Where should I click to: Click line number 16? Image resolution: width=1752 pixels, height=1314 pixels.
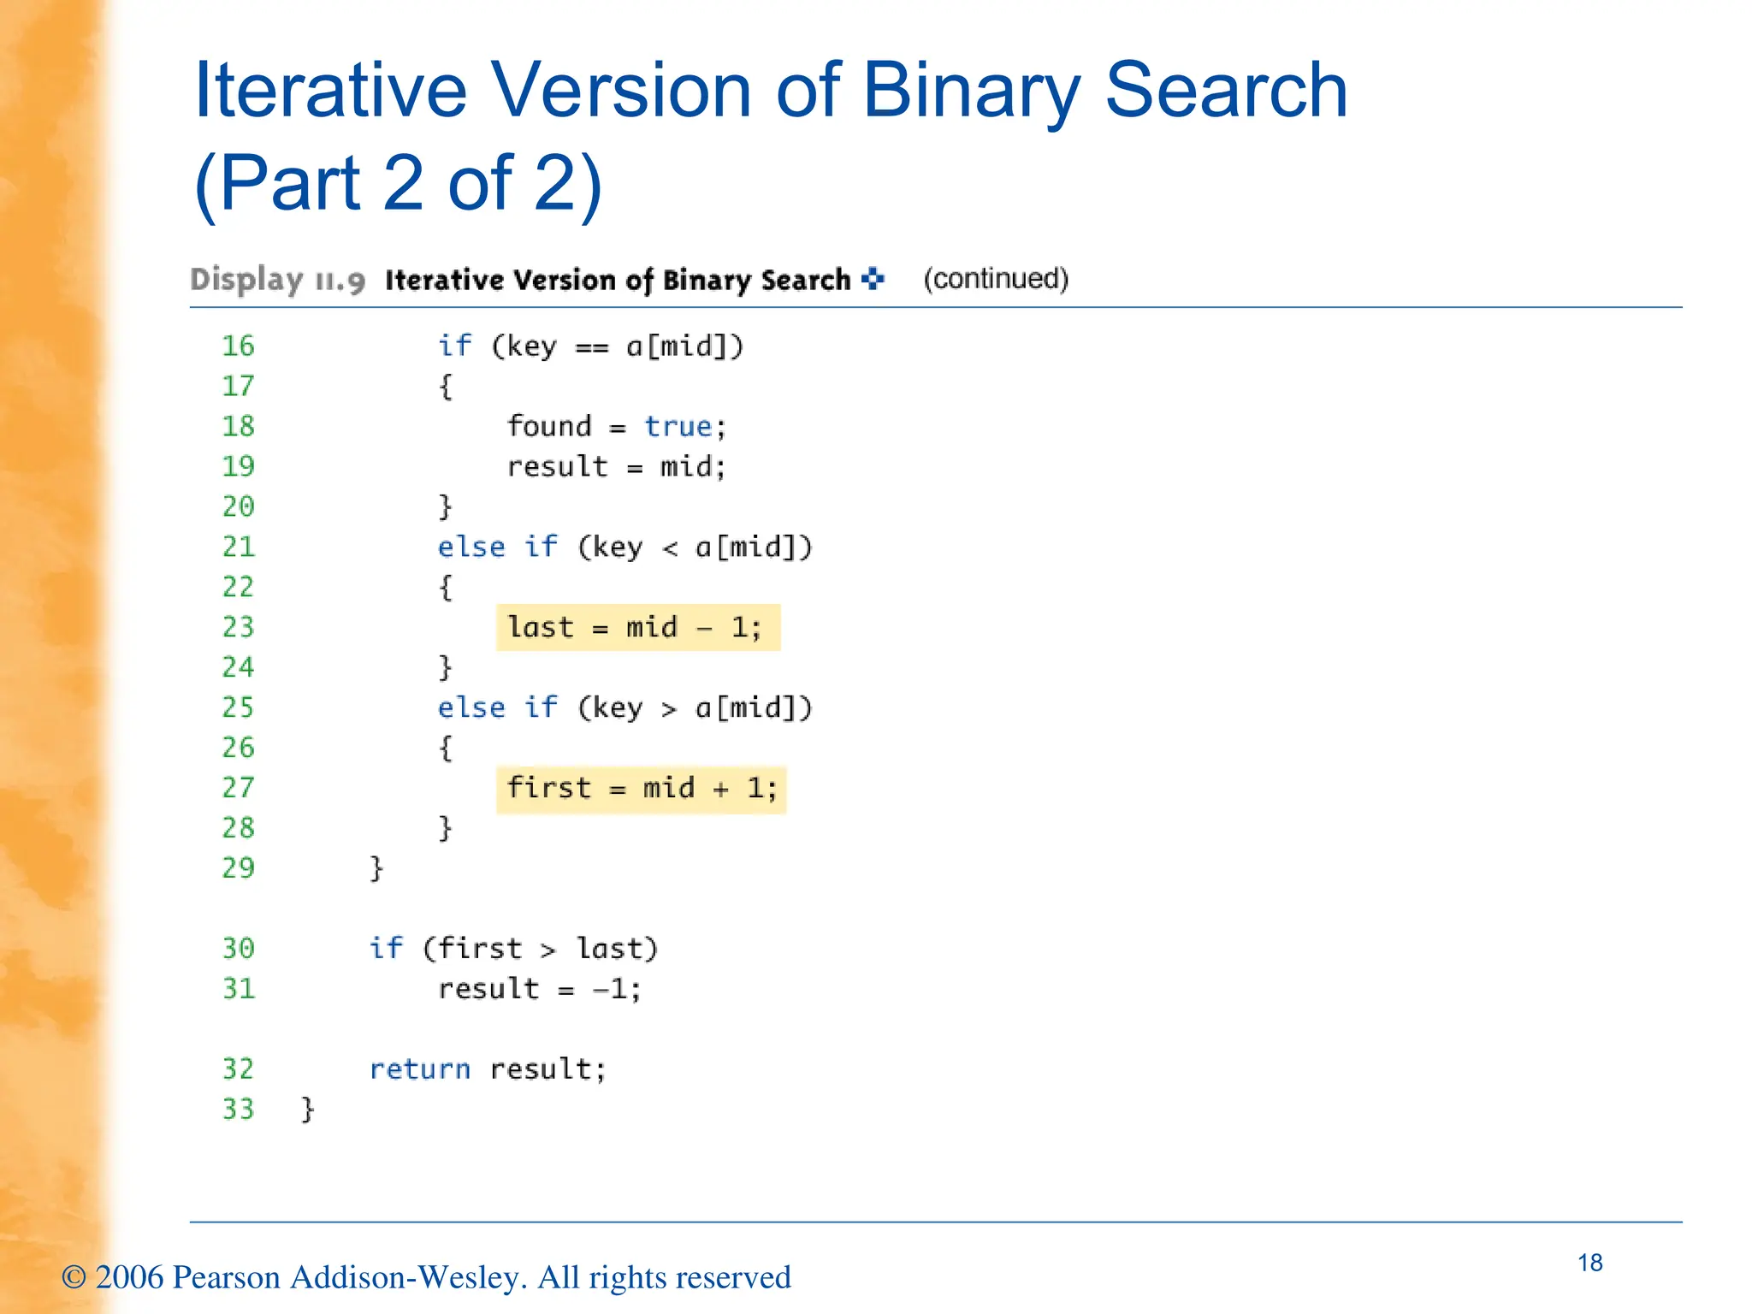pyautogui.click(x=238, y=346)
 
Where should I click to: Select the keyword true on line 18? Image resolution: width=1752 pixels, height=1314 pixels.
pyautogui.click(x=678, y=426)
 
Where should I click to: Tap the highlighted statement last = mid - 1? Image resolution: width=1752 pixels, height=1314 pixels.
pyautogui.click(x=637, y=628)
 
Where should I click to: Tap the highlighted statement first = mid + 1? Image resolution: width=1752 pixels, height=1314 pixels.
pyautogui.click(x=641, y=789)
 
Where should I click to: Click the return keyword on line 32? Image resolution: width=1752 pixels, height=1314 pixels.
pyautogui.click(x=419, y=1069)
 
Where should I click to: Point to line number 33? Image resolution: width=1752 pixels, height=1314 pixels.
pyautogui.click(x=238, y=1110)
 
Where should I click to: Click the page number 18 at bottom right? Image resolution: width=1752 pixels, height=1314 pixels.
pyautogui.click(x=1589, y=1263)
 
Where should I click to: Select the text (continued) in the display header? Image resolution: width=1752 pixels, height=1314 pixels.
pyautogui.click(x=996, y=279)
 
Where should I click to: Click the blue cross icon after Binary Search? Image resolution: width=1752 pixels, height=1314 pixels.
pyautogui.click(x=873, y=279)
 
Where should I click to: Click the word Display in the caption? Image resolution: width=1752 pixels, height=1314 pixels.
pyautogui.click(x=246, y=280)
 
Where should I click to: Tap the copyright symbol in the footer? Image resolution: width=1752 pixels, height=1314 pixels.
pyautogui.click(x=74, y=1277)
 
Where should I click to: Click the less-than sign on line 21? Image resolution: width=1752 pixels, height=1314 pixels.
pyautogui.click(x=670, y=548)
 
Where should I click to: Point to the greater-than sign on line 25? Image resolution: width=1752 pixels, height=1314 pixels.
pyautogui.click(x=669, y=709)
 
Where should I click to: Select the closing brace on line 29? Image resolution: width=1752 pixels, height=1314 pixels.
pyautogui.click(x=376, y=868)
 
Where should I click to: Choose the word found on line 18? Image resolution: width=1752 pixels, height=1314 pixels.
pyautogui.click(x=548, y=426)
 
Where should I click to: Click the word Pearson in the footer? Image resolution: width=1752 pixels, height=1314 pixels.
pyautogui.click(x=226, y=1277)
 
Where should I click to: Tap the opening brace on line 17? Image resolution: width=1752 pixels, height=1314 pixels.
pyautogui.click(x=445, y=387)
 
